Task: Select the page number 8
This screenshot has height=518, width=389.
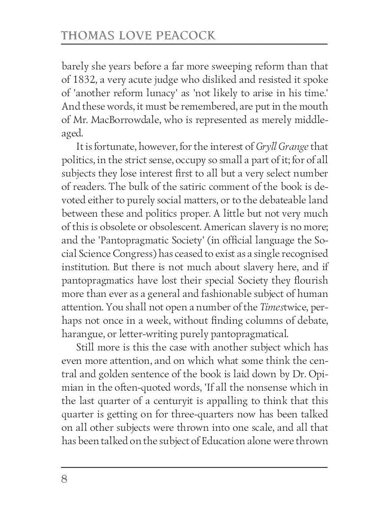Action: point(64,480)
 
